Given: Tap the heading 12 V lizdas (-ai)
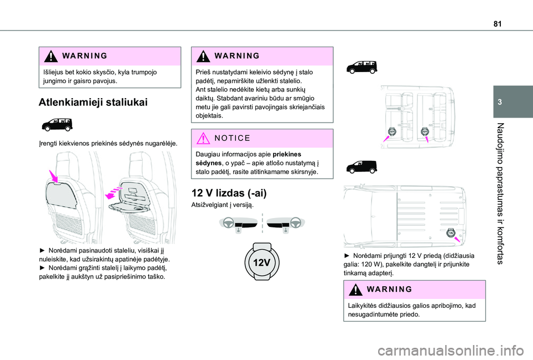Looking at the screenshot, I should (x=229, y=193).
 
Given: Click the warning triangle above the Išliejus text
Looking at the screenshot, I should (x=50, y=57).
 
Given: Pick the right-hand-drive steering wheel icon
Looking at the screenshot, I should (x=284, y=223).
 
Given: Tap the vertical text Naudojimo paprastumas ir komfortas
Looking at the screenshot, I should (x=501, y=192).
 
